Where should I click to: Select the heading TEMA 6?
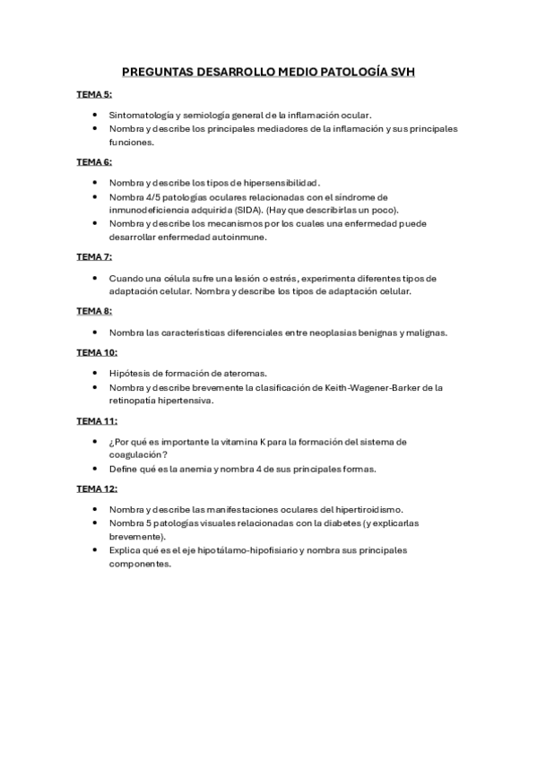click(93, 161)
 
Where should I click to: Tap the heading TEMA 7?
click(93, 256)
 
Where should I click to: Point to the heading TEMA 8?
click(93, 310)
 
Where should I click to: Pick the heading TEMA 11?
click(96, 419)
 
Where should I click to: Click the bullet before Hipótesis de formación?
click(96, 373)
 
